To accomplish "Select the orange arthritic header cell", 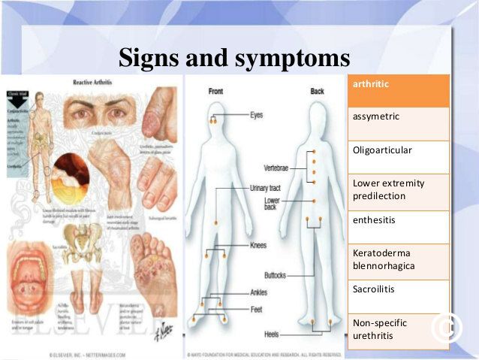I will [399, 89].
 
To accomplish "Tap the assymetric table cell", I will [399, 123].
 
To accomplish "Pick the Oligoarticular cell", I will [399, 156].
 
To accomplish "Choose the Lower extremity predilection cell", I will [399, 190].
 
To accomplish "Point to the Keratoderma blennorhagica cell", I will [399, 260].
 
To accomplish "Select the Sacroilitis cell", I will [399, 295].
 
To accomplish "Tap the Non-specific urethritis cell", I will [399, 329].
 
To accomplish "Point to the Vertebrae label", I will [276, 167].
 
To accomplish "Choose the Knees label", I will [258, 246].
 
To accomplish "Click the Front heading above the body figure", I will [216, 91].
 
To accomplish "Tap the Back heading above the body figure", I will [318, 91].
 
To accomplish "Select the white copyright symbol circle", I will [448, 325].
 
